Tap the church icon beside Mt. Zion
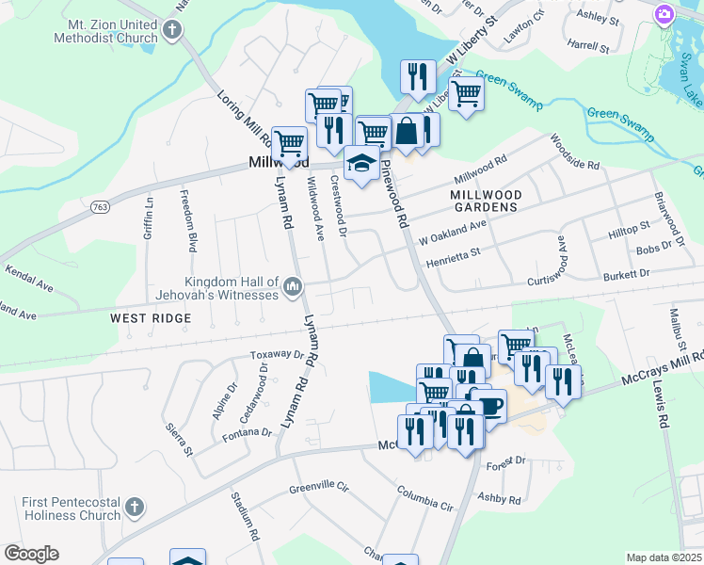(172, 29)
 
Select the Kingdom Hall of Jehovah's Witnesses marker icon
(292, 285)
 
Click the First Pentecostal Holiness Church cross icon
(134, 507)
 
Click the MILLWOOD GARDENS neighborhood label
(484, 200)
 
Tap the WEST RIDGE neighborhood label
(151, 319)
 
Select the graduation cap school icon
(361, 164)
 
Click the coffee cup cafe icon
(490, 406)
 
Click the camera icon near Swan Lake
(665, 14)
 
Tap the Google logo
(31, 554)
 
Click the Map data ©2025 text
(664, 557)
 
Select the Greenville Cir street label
(319, 488)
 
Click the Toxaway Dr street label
(279, 356)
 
